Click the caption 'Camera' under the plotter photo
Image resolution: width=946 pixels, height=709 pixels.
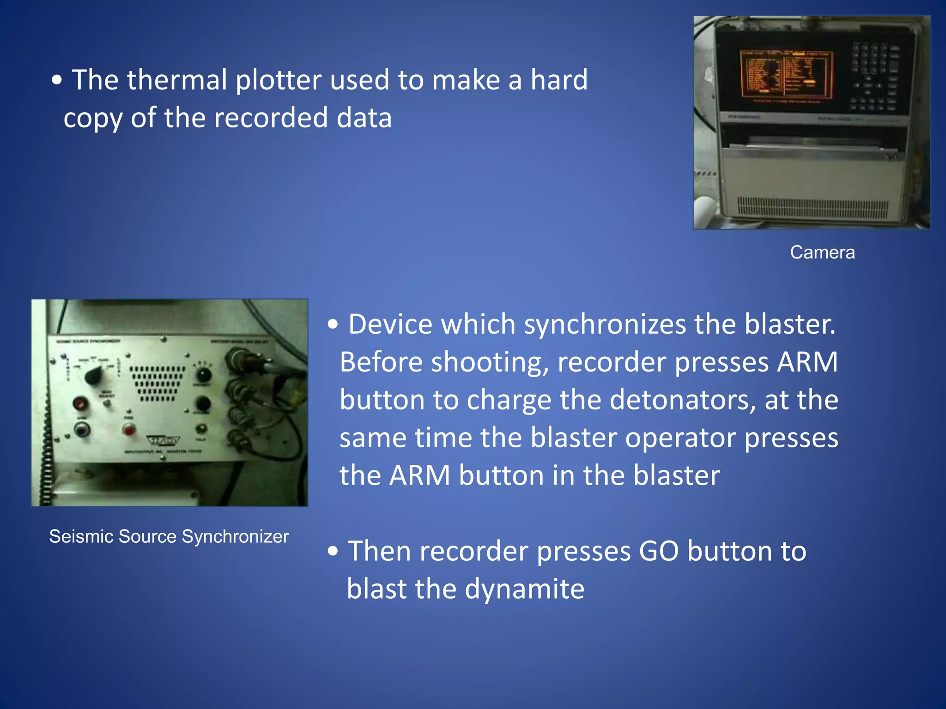tap(822, 252)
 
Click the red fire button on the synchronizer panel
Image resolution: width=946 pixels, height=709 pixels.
tap(129, 430)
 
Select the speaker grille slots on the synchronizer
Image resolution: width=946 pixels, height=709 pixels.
tap(157, 383)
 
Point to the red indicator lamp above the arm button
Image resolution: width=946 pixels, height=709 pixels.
tap(81, 403)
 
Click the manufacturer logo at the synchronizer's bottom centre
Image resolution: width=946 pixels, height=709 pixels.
tap(163, 440)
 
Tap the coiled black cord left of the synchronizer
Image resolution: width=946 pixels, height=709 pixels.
tap(45, 443)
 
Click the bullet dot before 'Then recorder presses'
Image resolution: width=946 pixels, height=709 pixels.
tap(333, 551)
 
